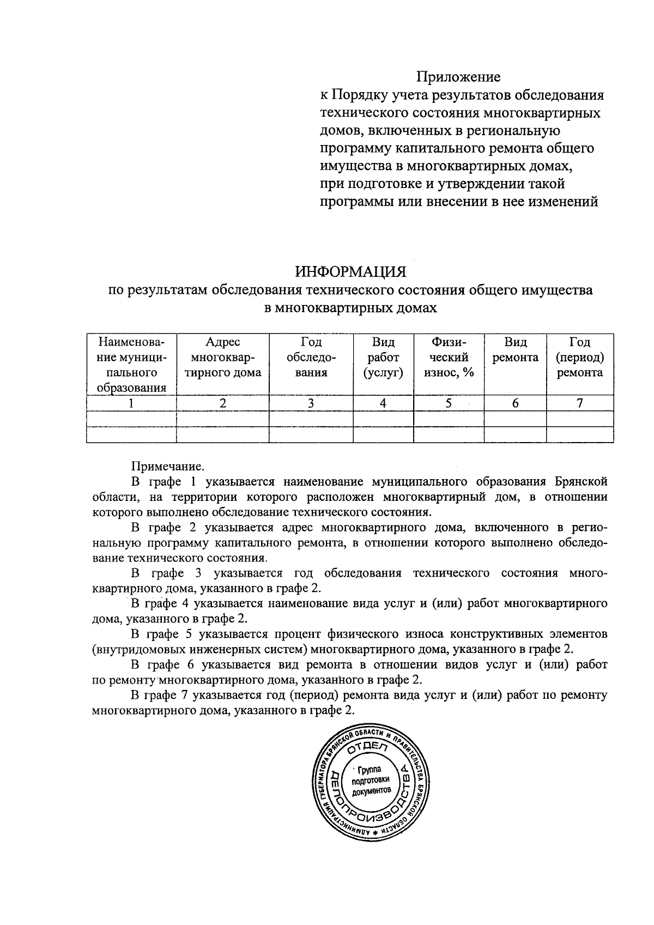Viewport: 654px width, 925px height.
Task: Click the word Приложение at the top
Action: [x=458, y=77]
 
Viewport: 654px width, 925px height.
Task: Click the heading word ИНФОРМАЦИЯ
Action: [x=351, y=271]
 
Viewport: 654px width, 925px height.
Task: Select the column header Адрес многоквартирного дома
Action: [x=222, y=358]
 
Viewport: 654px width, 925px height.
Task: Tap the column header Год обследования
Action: [x=311, y=358]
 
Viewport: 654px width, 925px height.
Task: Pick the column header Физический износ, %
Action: [x=449, y=358]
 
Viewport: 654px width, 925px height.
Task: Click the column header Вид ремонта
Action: [x=515, y=350]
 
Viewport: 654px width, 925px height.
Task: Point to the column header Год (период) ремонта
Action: [x=579, y=358]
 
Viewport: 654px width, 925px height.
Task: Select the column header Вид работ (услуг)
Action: [x=383, y=358]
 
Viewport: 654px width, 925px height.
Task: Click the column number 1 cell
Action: [x=131, y=403]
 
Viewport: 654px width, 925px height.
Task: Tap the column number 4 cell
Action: [x=383, y=403]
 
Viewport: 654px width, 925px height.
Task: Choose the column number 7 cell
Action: [x=579, y=403]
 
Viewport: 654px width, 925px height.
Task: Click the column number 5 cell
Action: [x=449, y=403]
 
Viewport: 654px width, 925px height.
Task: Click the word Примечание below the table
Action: [x=167, y=467]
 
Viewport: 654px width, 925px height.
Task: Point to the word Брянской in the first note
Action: [x=580, y=482]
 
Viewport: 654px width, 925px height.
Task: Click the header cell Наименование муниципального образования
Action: [x=131, y=365]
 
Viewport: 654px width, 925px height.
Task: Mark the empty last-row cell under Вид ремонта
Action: [x=515, y=434]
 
